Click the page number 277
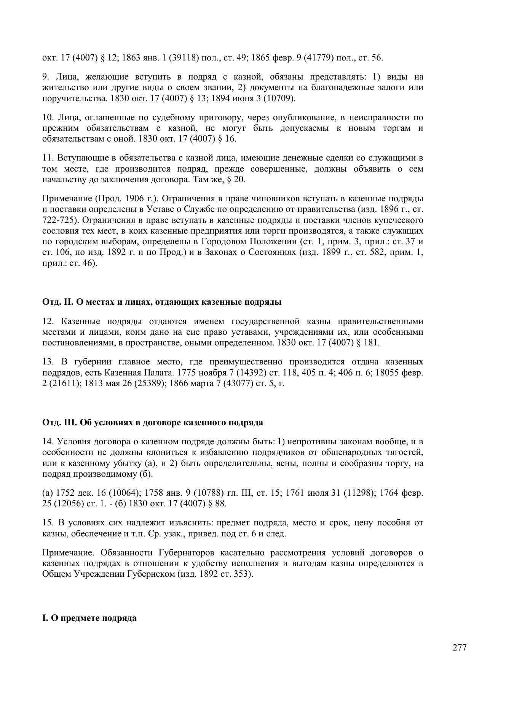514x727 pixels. tap(459, 648)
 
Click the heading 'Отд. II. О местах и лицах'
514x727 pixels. tap(162, 302)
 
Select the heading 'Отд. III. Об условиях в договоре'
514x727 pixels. tap(152, 422)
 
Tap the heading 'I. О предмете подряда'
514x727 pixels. tap(89, 618)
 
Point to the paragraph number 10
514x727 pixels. tap(48, 118)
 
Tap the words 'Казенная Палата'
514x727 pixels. tap(136, 372)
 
